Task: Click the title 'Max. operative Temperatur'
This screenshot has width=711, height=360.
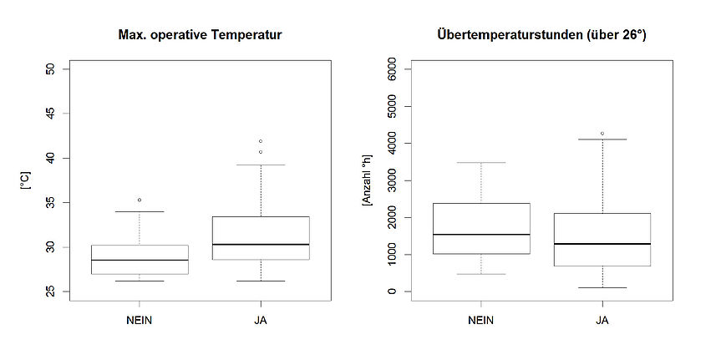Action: point(198,35)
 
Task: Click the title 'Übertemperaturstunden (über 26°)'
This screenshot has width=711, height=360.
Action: point(541,35)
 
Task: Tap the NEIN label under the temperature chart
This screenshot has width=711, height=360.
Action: point(139,320)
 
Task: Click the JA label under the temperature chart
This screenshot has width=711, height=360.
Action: point(260,320)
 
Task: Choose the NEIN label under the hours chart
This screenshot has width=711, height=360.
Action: point(481,320)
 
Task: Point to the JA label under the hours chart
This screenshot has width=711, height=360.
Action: point(602,320)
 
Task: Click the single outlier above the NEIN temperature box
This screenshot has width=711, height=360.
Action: point(139,200)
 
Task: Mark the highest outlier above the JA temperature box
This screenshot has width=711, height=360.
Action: point(260,141)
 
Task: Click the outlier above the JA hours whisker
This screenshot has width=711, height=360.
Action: point(602,134)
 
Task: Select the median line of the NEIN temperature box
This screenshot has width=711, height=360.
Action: point(139,260)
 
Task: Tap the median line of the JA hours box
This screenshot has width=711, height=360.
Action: point(602,244)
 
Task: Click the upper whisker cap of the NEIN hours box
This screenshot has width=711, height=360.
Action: point(481,163)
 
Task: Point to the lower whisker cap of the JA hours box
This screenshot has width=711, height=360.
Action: point(602,288)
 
